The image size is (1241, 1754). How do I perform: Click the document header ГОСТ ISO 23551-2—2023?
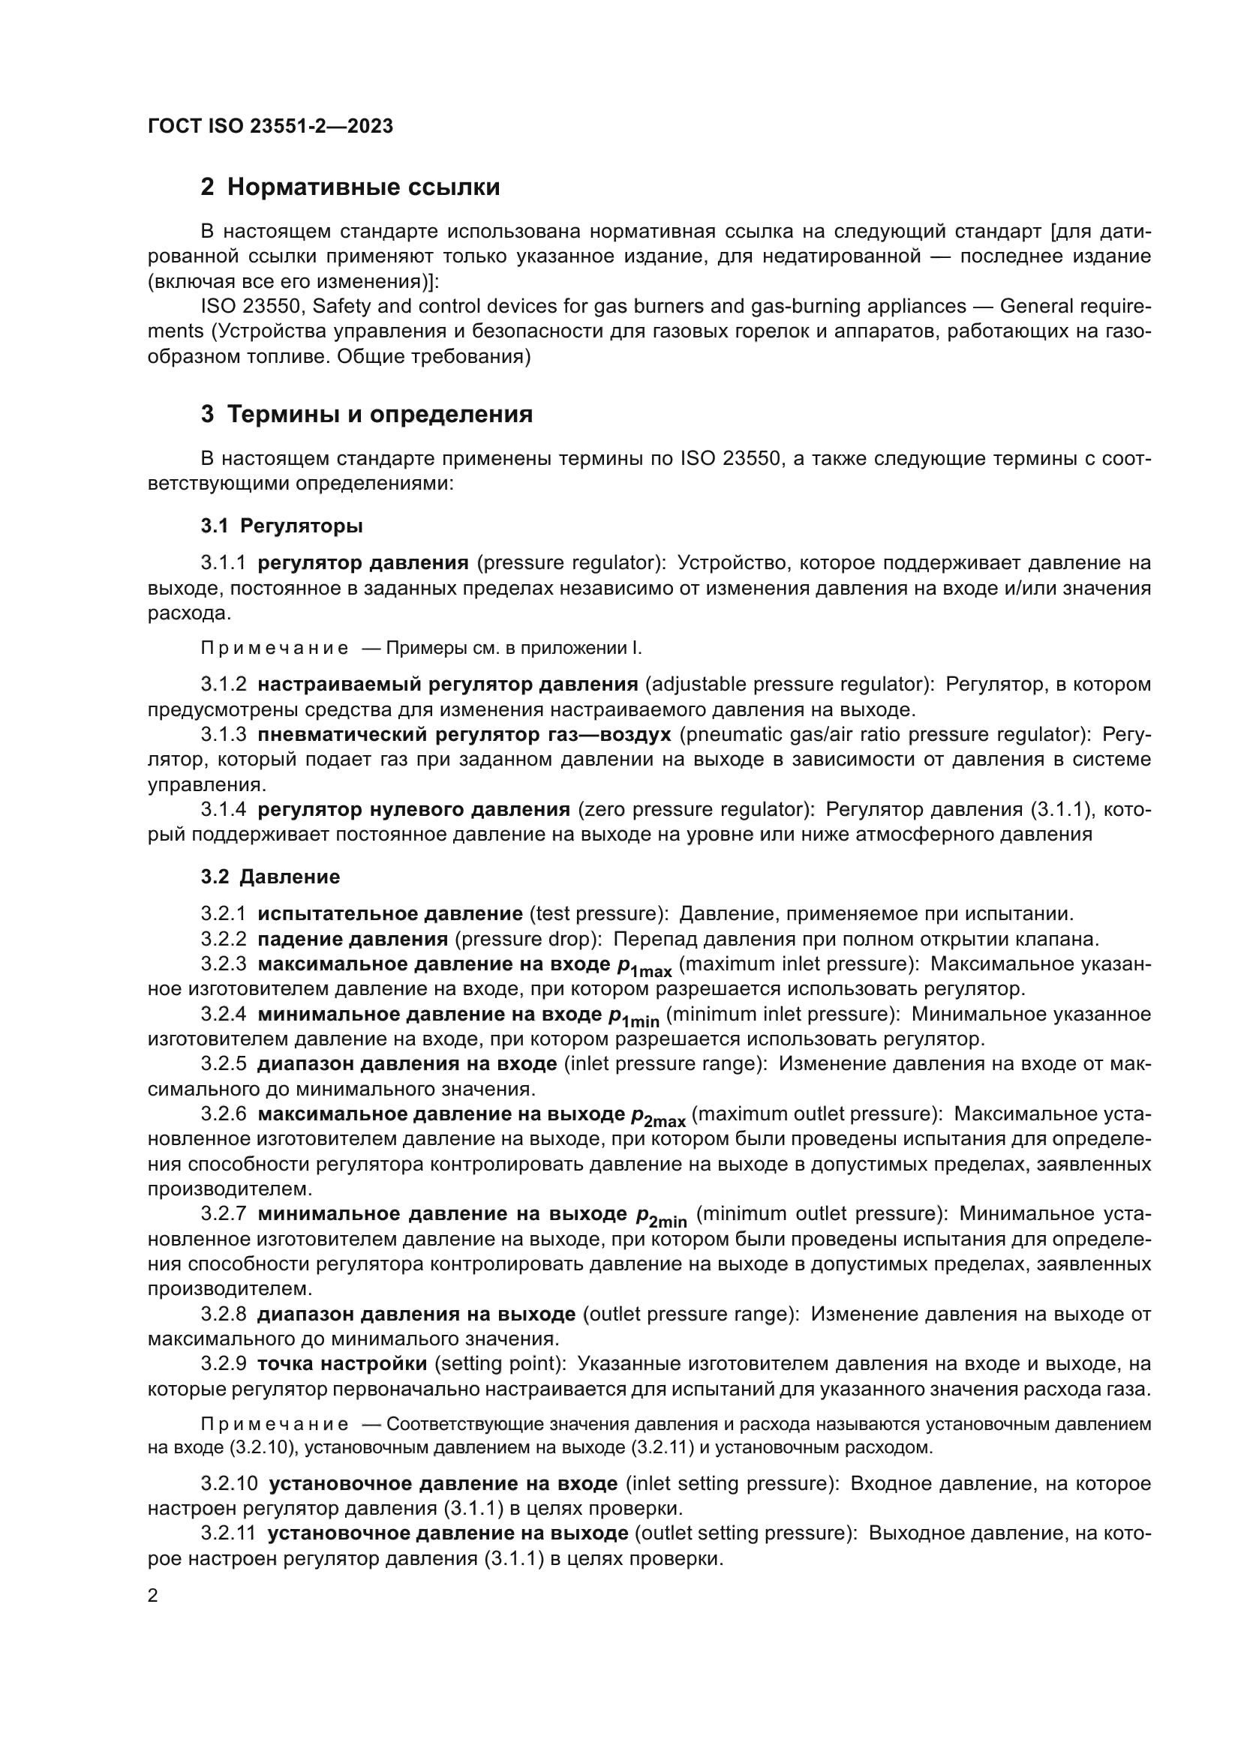click(x=270, y=126)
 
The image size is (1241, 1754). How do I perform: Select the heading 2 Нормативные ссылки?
click(x=350, y=187)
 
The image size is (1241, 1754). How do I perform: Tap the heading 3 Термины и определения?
click(x=367, y=415)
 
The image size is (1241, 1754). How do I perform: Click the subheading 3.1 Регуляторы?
click(x=282, y=526)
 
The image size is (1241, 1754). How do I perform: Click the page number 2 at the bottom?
click(x=153, y=1595)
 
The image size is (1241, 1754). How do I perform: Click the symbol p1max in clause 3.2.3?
click(x=645, y=967)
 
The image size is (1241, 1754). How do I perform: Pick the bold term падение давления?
click(x=353, y=939)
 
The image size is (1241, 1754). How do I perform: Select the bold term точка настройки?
click(x=341, y=1363)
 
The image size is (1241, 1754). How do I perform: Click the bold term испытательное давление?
click(x=389, y=913)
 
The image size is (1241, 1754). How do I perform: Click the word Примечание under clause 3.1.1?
click(x=275, y=649)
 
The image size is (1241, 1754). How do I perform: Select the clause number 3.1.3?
click(x=223, y=734)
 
